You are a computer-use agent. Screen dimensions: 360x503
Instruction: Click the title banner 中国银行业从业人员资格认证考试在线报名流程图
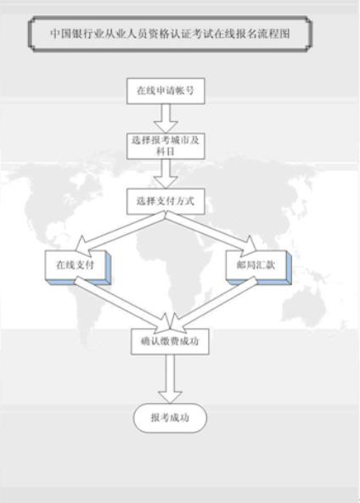point(170,34)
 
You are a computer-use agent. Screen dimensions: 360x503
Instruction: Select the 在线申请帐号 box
point(166,91)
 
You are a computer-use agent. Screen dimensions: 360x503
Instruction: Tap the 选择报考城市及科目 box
point(166,146)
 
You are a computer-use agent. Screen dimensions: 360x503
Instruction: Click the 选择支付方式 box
point(166,202)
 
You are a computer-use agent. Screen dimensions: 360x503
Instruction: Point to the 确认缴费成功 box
point(170,341)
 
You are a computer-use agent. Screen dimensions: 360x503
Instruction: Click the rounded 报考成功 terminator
point(170,417)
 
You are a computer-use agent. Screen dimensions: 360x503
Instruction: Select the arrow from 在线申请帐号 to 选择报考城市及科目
point(166,119)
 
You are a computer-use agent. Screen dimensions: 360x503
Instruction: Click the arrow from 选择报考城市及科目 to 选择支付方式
point(166,174)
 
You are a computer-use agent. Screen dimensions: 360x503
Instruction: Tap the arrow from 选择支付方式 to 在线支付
point(121,232)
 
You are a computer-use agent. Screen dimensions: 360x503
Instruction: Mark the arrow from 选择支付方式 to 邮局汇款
point(211,232)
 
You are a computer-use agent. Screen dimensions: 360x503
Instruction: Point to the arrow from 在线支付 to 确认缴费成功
point(123,305)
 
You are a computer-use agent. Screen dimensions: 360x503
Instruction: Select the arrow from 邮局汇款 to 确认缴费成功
point(215,305)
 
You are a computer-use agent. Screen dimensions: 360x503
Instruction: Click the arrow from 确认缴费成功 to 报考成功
point(170,378)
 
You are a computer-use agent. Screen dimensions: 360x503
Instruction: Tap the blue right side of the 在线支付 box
point(109,267)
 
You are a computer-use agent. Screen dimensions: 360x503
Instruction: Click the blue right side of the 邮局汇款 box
point(290,267)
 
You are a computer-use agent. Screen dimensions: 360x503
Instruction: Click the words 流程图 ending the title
point(279,34)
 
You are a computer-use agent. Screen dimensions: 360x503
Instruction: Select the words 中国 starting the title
point(60,34)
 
